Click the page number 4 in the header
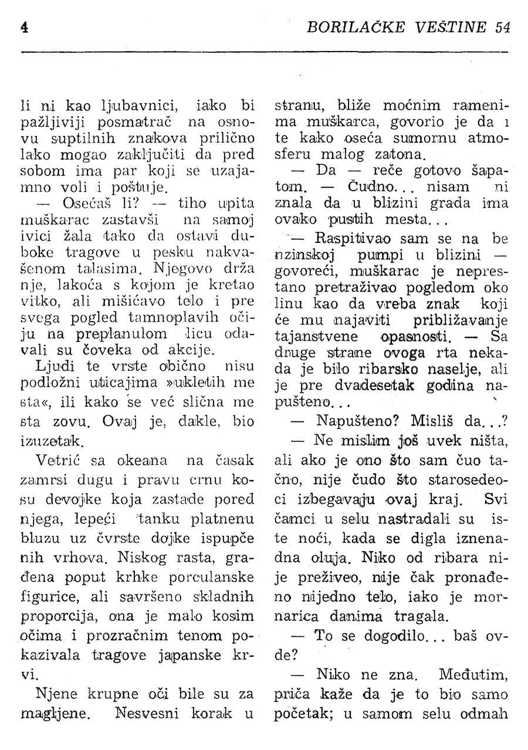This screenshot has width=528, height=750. (x=24, y=28)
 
